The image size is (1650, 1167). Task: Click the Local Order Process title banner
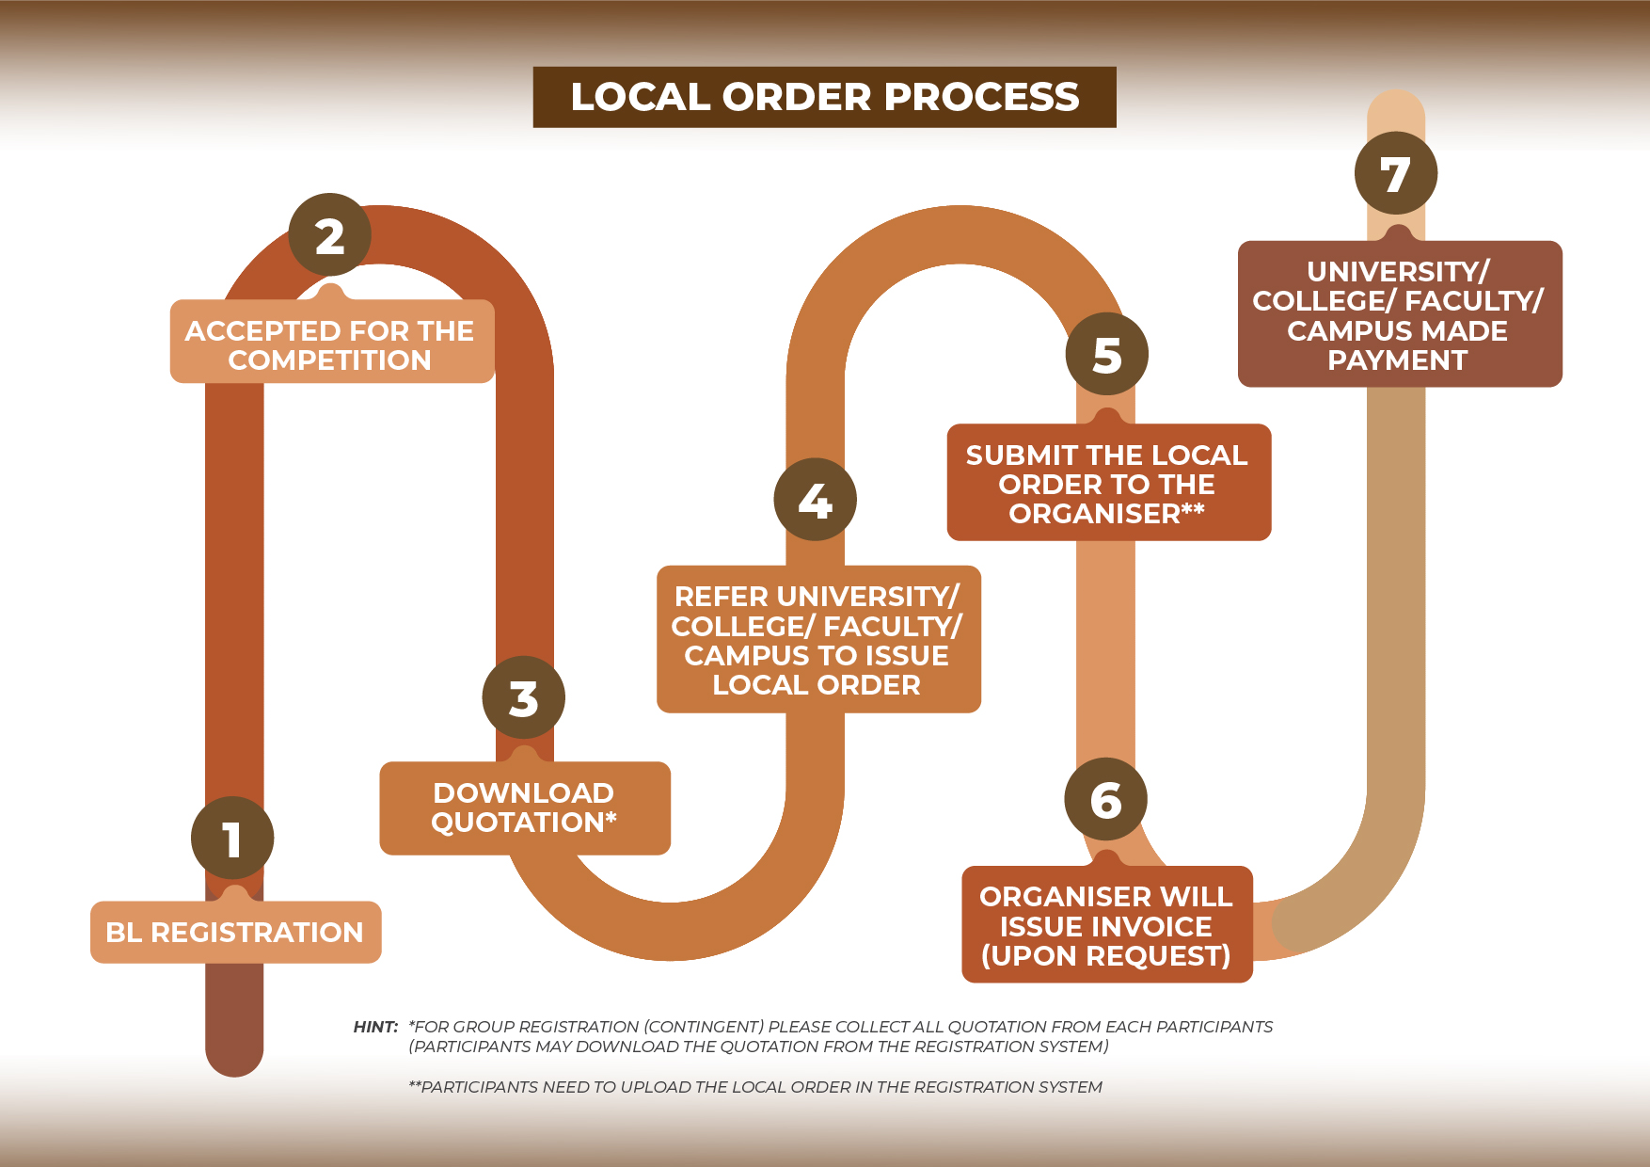824,97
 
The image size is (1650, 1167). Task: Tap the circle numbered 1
232,839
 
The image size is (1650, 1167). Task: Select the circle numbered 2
329,235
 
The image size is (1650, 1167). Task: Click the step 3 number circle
523,698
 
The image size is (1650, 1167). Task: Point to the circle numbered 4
815,500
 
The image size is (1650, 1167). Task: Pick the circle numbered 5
1107,355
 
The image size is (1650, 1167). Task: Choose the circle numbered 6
1105,800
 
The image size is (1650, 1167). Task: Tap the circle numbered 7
1395,174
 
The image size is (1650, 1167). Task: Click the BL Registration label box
235,933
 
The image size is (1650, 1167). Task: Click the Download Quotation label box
524,807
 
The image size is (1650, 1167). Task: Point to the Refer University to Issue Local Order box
817,640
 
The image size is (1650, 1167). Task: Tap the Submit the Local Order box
1108,484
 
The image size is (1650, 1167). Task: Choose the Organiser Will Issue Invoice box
1106,926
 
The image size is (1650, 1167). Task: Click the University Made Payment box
1399,315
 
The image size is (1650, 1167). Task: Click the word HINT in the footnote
375,1027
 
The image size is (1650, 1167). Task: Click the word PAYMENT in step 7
1397,360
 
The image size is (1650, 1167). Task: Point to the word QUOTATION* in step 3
524,823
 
